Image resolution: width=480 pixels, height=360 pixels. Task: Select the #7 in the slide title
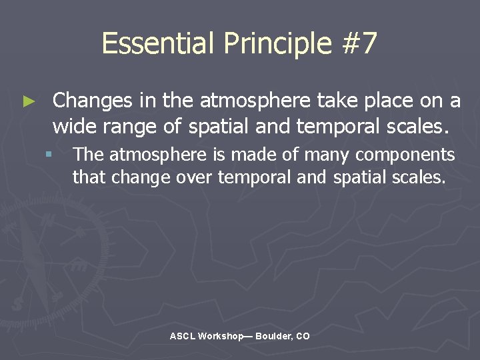[358, 44]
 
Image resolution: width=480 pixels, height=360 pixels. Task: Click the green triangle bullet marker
[28, 102]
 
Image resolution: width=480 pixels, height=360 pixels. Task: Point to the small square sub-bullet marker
[49, 155]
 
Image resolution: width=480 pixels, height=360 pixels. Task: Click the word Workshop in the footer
[221, 337]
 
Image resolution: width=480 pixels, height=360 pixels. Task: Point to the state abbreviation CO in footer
[303, 337]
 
